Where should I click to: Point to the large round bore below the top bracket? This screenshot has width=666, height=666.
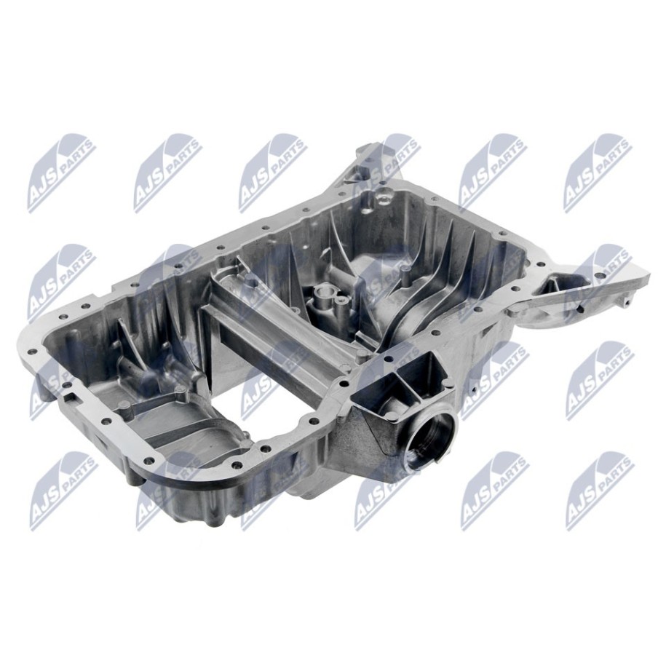click(383, 197)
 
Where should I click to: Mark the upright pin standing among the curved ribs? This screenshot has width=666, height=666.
click(405, 274)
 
